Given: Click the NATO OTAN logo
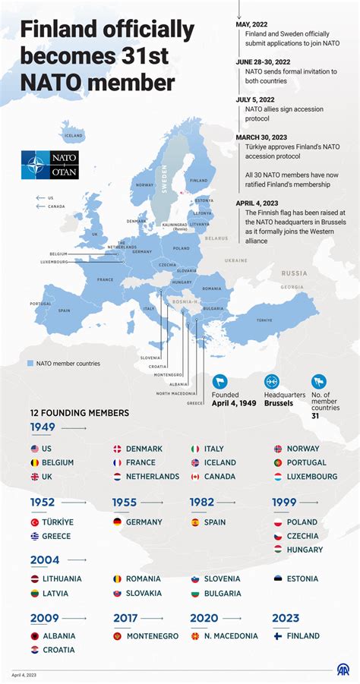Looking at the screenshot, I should [x=49, y=165].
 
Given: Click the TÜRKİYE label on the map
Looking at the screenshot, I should [x=264, y=320].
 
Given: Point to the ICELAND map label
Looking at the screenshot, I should [x=74, y=136].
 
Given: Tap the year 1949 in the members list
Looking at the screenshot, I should [x=43, y=427].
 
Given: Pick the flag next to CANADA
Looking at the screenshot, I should [x=195, y=477].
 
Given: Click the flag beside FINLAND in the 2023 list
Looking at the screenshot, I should [x=278, y=636].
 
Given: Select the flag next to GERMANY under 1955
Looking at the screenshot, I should [x=118, y=522].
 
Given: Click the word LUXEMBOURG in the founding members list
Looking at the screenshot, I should [x=312, y=477].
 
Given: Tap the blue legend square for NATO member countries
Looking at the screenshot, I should [x=30, y=364].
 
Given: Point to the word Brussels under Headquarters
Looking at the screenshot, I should [x=277, y=405].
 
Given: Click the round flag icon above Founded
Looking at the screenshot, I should [x=220, y=381].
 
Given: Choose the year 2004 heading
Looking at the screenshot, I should [x=43, y=559].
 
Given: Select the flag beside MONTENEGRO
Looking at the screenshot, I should [x=118, y=636].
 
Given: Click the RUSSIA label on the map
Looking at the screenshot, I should [x=294, y=273].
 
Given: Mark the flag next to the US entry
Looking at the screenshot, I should [x=35, y=449].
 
